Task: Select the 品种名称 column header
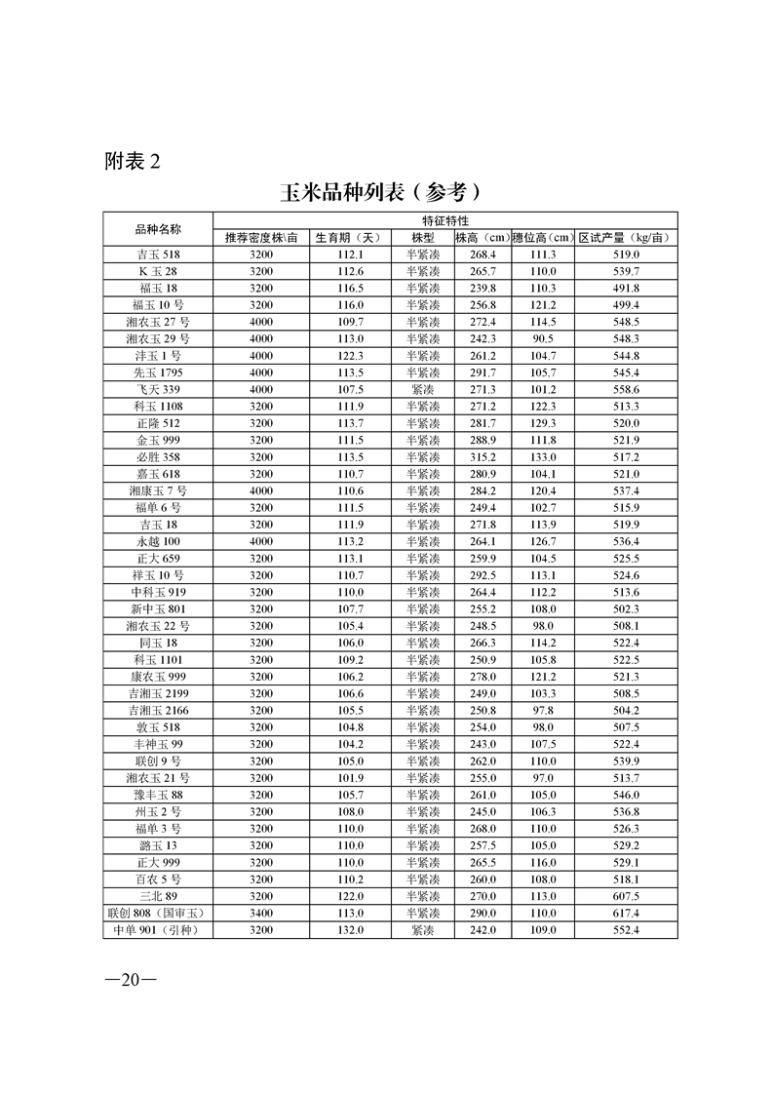[158, 229]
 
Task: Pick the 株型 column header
[423, 238]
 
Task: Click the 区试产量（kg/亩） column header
[624, 238]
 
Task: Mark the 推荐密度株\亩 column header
[261, 238]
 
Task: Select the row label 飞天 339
[158, 389]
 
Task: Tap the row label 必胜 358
[158, 456]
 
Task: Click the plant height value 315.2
[483, 456]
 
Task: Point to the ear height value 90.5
[542, 338]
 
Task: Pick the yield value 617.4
[624, 914]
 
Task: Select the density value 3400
[261, 914]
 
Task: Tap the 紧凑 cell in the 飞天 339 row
[423, 389]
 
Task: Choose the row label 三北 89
[158, 896]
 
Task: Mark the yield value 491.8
[624, 288]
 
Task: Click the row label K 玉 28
[158, 271]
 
